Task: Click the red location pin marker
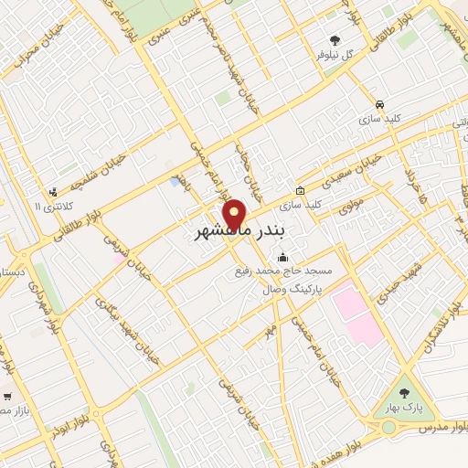click(x=236, y=214)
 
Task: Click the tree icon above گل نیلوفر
click(x=335, y=40)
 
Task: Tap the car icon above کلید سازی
click(x=379, y=103)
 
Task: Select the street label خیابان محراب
click(x=32, y=61)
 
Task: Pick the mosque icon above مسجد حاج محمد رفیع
click(x=282, y=256)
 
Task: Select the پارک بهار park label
click(x=405, y=407)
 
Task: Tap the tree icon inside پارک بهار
click(x=405, y=393)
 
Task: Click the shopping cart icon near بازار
click(x=6, y=397)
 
